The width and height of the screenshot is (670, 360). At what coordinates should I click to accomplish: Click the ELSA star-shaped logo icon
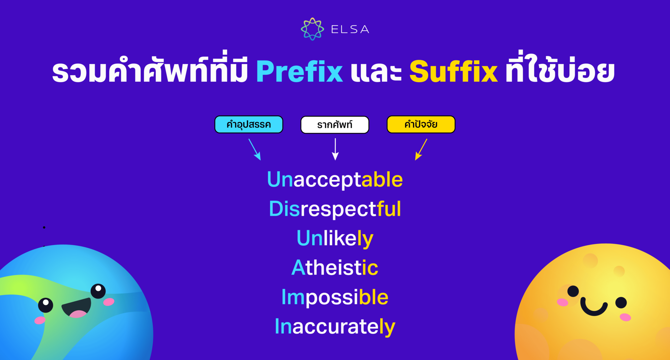pos(312,29)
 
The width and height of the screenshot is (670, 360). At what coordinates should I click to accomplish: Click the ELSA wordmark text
pos(350,29)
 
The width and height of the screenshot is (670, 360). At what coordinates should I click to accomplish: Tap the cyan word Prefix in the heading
pos(299,71)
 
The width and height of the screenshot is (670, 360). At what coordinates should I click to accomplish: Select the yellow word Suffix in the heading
pos(453,71)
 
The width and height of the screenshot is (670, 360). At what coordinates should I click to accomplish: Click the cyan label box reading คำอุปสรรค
pos(249,125)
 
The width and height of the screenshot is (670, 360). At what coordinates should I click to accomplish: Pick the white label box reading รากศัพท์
pos(335,125)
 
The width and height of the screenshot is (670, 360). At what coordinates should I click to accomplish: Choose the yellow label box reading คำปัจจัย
pos(421,125)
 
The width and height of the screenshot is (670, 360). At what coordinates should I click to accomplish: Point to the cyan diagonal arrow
pos(255,149)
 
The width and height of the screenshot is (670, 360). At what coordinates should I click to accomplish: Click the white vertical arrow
pos(335,149)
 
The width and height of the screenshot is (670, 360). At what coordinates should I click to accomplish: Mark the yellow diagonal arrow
pos(421,149)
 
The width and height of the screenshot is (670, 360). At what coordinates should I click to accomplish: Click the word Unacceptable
pos(335,180)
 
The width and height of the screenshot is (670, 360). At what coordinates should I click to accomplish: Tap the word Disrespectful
pos(335,209)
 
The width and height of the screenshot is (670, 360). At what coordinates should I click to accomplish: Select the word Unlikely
pos(335,238)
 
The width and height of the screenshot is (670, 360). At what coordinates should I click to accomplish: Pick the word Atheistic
pos(335,267)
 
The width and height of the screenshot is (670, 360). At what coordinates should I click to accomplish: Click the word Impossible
pos(335,297)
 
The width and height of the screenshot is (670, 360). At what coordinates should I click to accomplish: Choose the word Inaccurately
pos(335,326)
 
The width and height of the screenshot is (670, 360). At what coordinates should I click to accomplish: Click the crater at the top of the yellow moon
pos(590,261)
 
